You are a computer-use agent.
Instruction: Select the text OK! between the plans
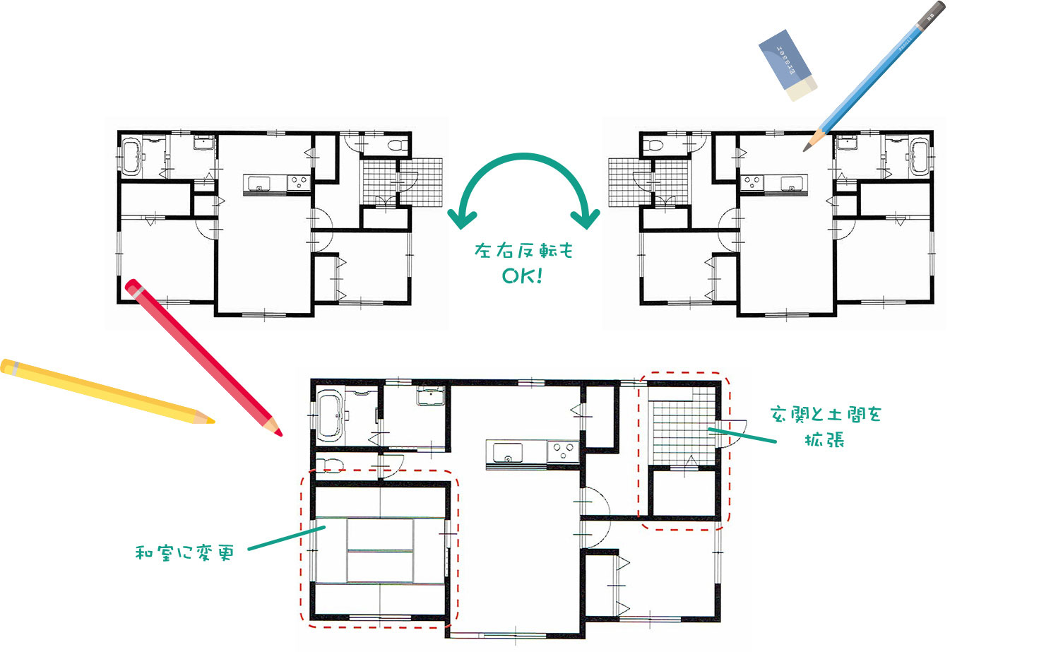pyautogui.click(x=522, y=275)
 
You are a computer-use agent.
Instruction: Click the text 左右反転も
pyautogui.click(x=523, y=251)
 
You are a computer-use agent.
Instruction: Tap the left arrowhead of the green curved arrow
pyautogui.click(x=462, y=219)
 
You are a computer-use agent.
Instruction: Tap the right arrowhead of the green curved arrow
pyautogui.click(x=586, y=219)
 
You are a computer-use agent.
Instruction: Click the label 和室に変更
pyautogui.click(x=184, y=552)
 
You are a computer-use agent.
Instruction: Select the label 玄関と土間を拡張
pyautogui.click(x=825, y=426)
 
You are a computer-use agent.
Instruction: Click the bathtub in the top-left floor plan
pyautogui.click(x=132, y=157)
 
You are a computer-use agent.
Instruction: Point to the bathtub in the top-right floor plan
pyautogui.click(x=918, y=157)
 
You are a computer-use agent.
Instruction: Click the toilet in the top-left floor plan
pyautogui.click(x=398, y=146)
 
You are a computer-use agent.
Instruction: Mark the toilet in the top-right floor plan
pyautogui.click(x=653, y=146)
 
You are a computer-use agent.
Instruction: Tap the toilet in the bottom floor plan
pyautogui.click(x=330, y=465)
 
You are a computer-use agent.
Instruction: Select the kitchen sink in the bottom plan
pyautogui.click(x=507, y=451)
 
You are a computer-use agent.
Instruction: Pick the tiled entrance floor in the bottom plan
pyautogui.click(x=678, y=431)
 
